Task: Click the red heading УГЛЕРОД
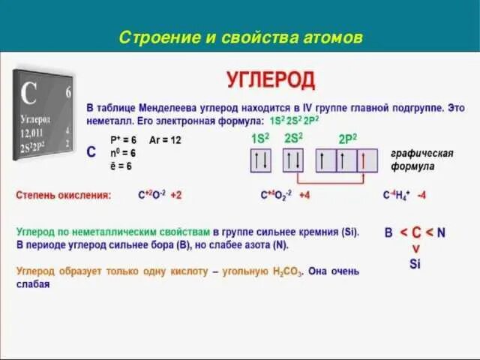(x=271, y=79)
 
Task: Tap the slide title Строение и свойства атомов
(x=241, y=37)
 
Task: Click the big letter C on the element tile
(x=29, y=94)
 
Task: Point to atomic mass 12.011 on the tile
(x=34, y=132)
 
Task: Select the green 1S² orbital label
(x=259, y=137)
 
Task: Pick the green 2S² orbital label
(x=293, y=137)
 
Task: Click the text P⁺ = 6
(x=123, y=139)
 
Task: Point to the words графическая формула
(x=421, y=159)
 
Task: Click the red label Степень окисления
(x=64, y=195)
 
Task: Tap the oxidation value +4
(x=305, y=195)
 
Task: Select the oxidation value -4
(x=422, y=195)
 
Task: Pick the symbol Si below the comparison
(x=415, y=263)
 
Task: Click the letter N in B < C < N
(x=441, y=232)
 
